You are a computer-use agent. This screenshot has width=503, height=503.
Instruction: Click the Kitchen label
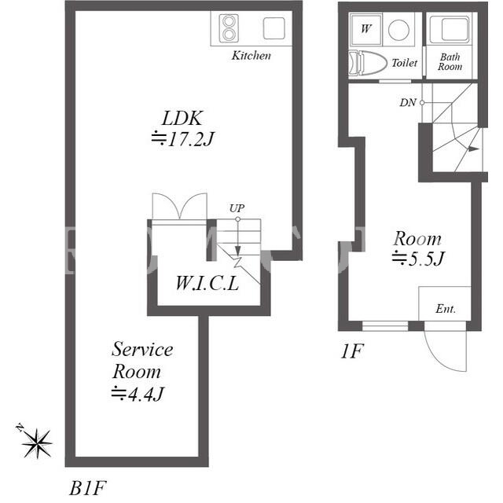(x=251, y=56)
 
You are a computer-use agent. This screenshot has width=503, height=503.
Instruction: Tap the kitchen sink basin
(x=274, y=28)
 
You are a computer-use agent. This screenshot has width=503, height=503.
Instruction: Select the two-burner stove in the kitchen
(x=229, y=28)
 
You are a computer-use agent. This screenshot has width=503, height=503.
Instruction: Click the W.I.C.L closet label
(x=207, y=284)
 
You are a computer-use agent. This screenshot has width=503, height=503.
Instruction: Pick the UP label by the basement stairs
(x=237, y=208)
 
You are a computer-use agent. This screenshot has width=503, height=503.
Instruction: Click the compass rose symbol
(x=37, y=443)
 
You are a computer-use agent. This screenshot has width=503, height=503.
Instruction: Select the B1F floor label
(x=87, y=488)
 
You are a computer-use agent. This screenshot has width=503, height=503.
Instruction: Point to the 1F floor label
(x=351, y=351)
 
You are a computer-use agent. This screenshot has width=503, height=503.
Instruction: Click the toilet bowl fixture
(x=368, y=63)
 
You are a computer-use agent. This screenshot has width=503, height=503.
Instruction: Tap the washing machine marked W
(x=366, y=29)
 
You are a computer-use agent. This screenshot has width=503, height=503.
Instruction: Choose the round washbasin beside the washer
(x=398, y=30)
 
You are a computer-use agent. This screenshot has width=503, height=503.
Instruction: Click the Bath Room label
(x=450, y=61)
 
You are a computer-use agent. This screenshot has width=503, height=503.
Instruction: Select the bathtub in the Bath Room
(x=450, y=29)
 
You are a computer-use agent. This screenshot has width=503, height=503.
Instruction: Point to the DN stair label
(x=408, y=103)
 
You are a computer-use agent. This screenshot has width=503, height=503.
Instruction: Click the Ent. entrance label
(x=446, y=309)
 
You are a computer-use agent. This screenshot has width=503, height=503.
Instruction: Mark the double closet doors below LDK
(x=180, y=206)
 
